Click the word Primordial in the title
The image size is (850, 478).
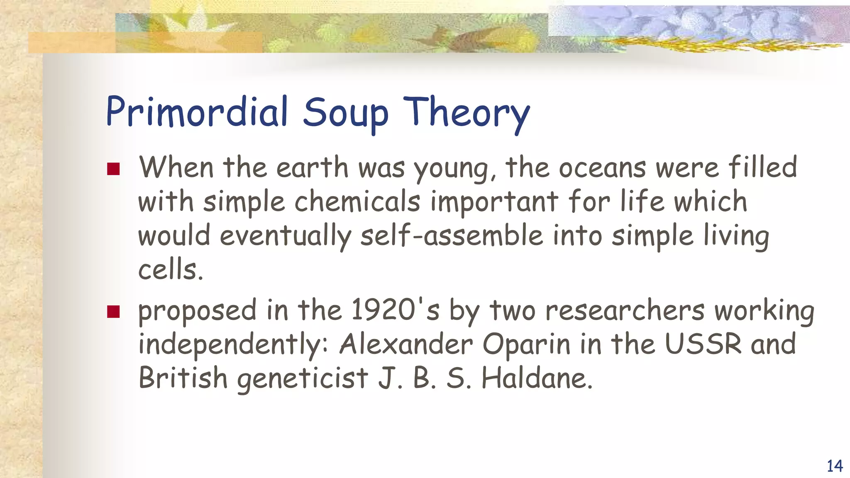[x=197, y=112]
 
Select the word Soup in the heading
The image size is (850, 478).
[x=345, y=113]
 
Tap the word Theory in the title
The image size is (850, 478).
[x=467, y=113]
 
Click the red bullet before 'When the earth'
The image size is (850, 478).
[x=113, y=169]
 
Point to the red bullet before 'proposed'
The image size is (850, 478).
[x=113, y=312]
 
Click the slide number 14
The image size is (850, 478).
[x=835, y=466]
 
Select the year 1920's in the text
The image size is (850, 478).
[x=395, y=310]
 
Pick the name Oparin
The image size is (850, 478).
[x=526, y=344]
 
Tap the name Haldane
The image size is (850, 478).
[x=537, y=378]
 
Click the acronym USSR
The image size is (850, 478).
[x=703, y=344]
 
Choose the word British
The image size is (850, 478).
[x=183, y=378]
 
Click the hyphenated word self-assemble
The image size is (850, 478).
[x=452, y=235]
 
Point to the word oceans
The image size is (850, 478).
[x=602, y=168]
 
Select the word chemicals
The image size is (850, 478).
[x=357, y=202]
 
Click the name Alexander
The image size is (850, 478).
[x=406, y=344]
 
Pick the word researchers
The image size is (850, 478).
[x=625, y=310]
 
